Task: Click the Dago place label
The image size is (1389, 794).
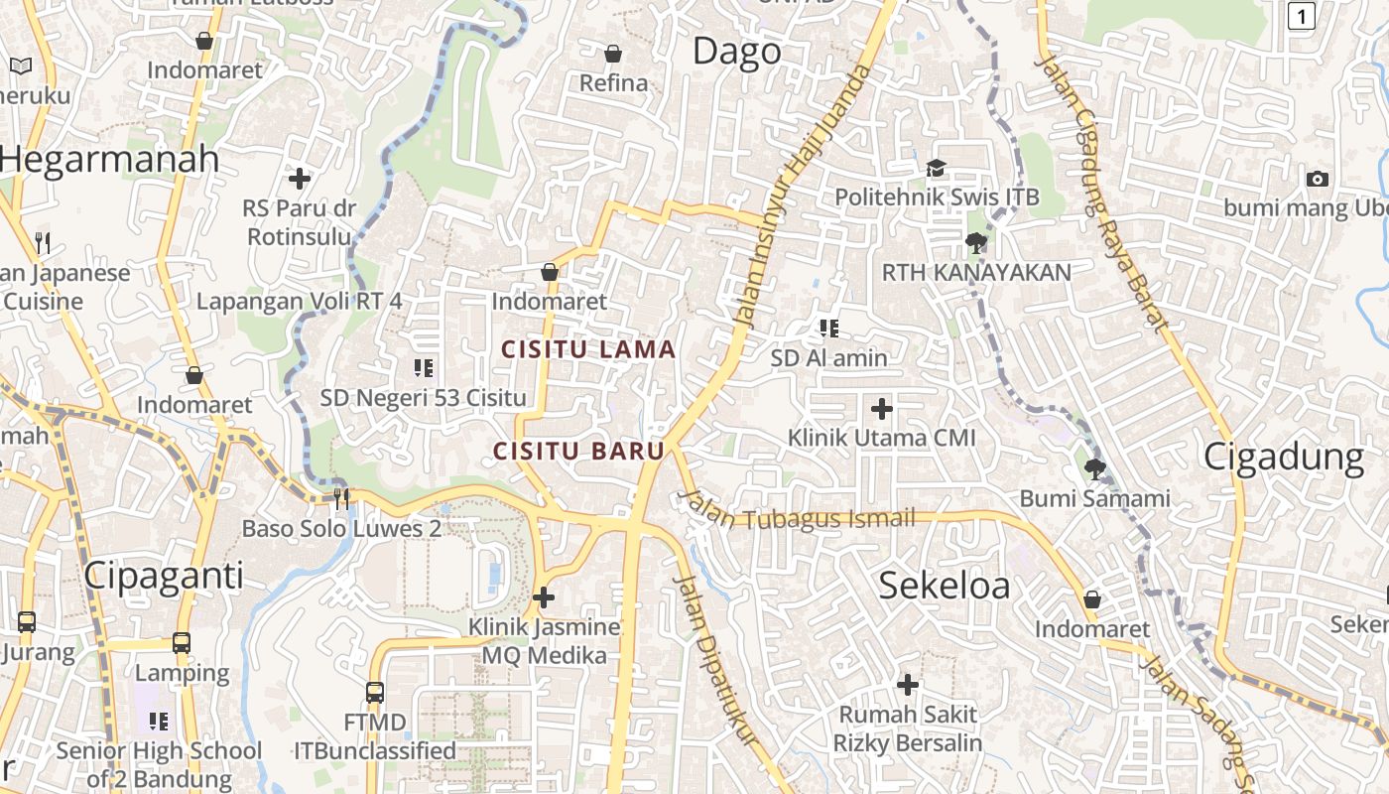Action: coord(736,52)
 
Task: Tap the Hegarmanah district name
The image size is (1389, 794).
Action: coord(109,159)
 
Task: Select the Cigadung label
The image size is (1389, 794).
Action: coord(1284,457)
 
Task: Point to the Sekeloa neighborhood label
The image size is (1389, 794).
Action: coord(945,586)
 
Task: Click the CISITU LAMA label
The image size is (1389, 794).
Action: coord(588,349)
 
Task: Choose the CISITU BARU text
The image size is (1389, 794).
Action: coord(579,451)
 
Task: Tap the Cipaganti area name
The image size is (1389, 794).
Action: coord(164,575)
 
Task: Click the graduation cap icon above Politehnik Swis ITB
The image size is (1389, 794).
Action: coord(936,169)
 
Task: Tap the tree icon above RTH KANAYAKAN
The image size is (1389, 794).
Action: coord(976,242)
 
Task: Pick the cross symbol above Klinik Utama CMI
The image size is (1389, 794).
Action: coord(881,408)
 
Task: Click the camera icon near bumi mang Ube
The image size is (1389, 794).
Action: coord(1317,179)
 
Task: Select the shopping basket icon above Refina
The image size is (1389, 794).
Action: coord(613,54)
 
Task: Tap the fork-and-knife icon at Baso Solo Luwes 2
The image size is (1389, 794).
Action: coord(341,498)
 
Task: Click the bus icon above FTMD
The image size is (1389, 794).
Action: coord(374,692)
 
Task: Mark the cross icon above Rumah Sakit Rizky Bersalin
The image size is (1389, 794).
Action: coord(907,685)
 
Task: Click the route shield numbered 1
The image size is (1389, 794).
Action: coord(1302,15)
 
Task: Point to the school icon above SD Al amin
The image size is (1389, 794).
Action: coord(829,329)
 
